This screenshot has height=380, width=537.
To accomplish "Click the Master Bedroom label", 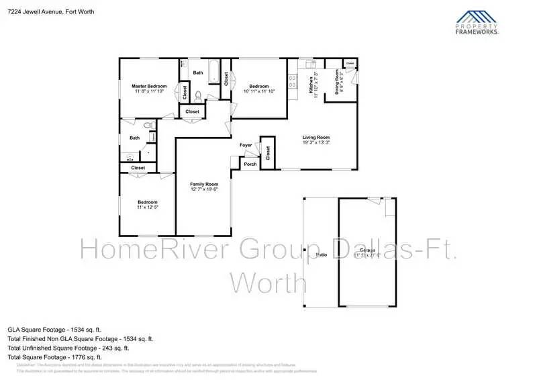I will [149, 87].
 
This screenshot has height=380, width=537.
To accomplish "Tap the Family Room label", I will [205, 184].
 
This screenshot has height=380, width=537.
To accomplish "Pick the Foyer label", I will [246, 145].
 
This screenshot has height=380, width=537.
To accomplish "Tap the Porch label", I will [250, 164].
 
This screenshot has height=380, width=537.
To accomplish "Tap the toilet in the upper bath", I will [198, 95].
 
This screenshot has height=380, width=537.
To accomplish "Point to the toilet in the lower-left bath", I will [149, 125].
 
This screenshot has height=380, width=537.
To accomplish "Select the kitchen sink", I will [311, 64].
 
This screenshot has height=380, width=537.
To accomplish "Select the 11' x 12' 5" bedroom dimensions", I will [148, 207].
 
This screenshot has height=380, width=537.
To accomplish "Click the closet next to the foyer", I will [268, 152].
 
